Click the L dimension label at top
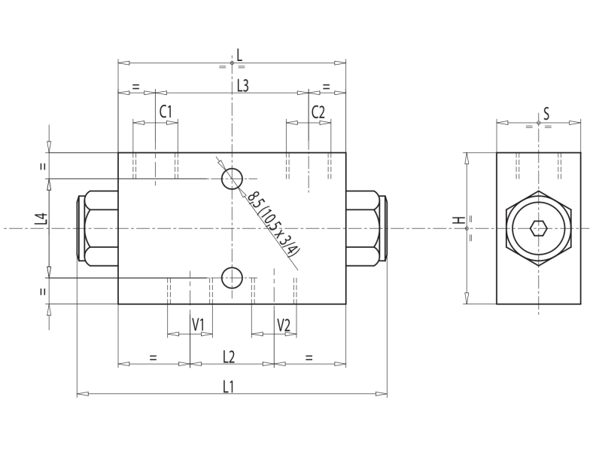coord(239,54)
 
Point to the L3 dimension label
coord(242,85)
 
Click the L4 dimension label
coord(41,220)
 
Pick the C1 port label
coord(166,111)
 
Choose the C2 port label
coord(318,111)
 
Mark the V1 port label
coord(198,325)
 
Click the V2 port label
coord(284,325)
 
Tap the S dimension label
coord(546,114)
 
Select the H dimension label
coord(457,221)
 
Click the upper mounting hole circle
coord(232,179)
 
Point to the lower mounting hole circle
coord(232,277)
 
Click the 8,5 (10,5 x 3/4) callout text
coord(274,224)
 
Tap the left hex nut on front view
coord(101,228)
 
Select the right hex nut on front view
coord(363,228)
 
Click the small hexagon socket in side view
coord(538,228)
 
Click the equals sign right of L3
coord(327,87)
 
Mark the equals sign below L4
coord(43,290)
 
